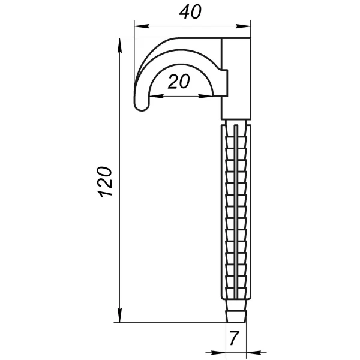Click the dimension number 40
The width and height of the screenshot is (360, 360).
[190, 12]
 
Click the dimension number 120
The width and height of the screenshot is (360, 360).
[105, 182]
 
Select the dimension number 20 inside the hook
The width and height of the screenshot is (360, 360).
[179, 81]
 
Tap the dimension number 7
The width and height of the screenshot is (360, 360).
[235, 338]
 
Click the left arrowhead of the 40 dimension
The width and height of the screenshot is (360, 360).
[142, 26]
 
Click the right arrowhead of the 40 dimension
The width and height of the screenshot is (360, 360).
[243, 26]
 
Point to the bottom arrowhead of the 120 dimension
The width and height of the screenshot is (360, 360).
[119, 315]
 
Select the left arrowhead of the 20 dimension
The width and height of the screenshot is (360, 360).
[157, 97]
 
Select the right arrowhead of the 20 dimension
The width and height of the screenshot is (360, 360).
[206, 97]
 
